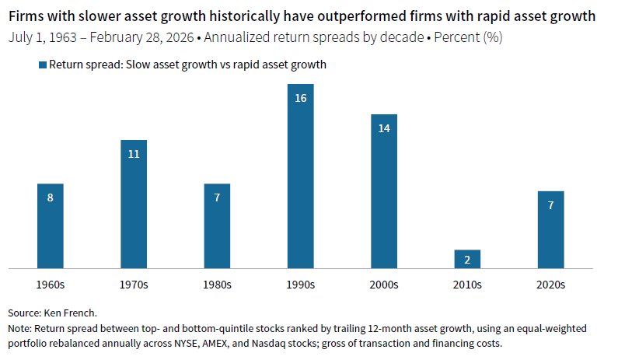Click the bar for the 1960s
[51, 226]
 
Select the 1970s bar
[134, 204]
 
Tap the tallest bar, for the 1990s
[301, 176]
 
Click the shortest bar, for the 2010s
[467, 259]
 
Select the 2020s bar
[550, 230]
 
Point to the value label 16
[301, 98]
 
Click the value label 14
[384, 128]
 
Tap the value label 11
[134, 154]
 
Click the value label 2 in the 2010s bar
[467, 260]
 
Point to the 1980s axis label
[217, 285]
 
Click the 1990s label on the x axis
[301, 285]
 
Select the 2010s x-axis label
[467, 285]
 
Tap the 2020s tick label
[550, 285]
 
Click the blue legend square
[42, 65]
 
